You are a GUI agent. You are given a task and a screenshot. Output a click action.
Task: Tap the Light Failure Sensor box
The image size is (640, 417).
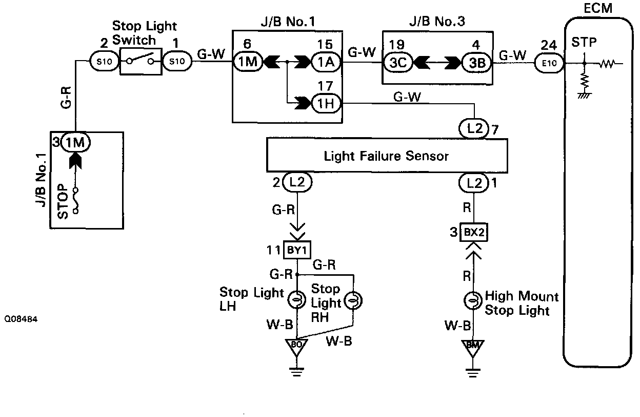[x=386, y=156]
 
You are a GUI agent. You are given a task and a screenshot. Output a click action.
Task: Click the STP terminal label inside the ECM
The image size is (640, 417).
[x=584, y=43]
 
